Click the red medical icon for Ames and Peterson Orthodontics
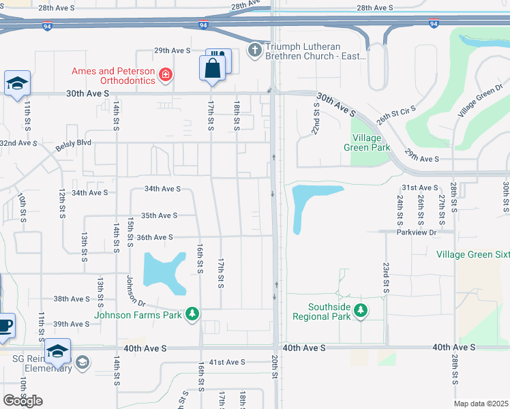point(165,74)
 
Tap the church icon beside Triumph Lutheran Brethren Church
point(255,50)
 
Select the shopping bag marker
point(212,68)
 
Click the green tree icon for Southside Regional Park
point(361,311)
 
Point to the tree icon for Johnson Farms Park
point(194,313)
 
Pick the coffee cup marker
point(4,326)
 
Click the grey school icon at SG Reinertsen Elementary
point(83,361)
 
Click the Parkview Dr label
point(418,232)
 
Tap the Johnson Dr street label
point(136,290)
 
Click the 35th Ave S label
point(159,215)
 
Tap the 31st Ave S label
point(419,187)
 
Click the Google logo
point(22,400)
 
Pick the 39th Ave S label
point(72,324)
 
